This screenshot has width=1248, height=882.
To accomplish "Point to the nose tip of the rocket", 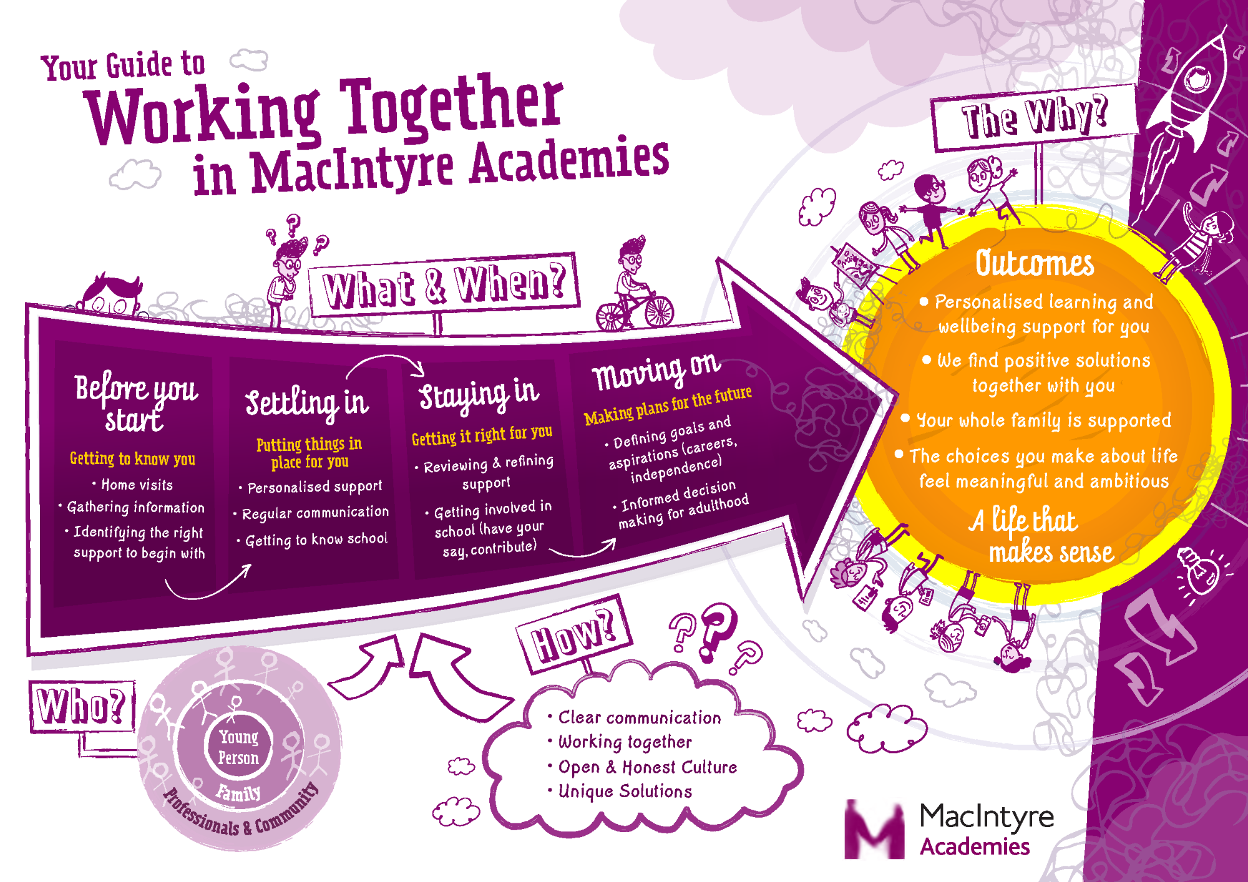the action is [1226, 27].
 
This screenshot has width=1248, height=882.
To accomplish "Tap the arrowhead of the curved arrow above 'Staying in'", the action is [419, 369].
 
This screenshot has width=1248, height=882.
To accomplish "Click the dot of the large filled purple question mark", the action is [707, 656].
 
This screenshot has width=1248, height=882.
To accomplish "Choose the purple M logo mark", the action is [874, 830].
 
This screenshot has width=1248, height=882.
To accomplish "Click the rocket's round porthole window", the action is [1197, 79].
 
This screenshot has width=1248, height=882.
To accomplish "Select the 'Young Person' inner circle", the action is [238, 747].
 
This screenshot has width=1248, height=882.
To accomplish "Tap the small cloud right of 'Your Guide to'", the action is [249, 61].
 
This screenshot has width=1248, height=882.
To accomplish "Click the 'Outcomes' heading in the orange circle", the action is [1035, 263].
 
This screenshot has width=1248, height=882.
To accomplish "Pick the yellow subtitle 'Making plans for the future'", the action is [668, 405].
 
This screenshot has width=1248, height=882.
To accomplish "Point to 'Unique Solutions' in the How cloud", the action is [625, 792].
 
